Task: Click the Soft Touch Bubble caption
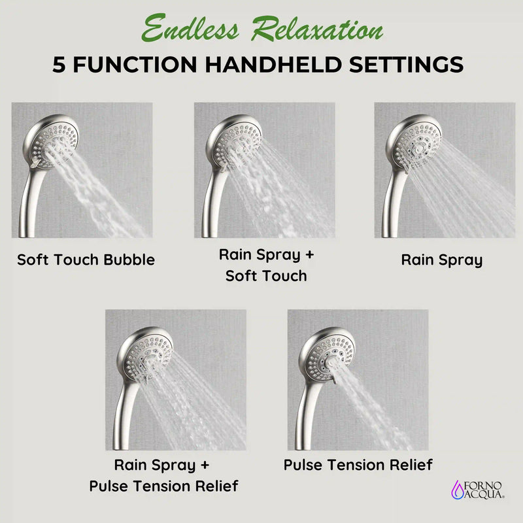[86, 260]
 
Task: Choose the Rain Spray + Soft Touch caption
[266, 265]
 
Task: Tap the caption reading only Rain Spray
[441, 260]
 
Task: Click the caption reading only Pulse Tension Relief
[358, 465]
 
